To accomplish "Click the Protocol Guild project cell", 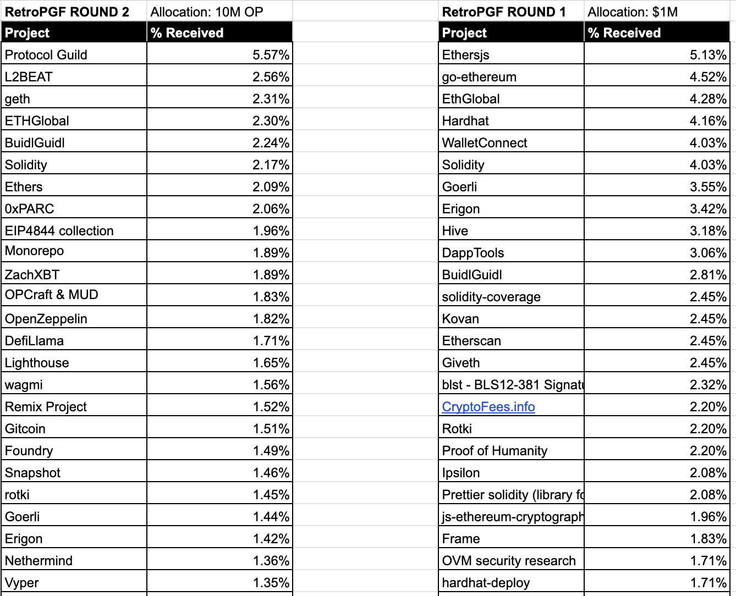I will coord(46,55).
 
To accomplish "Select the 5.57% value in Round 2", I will coord(271,55).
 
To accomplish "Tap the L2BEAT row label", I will coord(29,77).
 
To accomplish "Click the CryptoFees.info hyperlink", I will coord(488,407).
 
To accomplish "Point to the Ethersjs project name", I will coord(465,55).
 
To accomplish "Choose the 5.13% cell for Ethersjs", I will coord(708,55).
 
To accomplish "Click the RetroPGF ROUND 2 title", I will coord(67,12).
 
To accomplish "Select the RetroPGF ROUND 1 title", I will coord(504,12).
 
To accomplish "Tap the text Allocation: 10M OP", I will coord(207,12).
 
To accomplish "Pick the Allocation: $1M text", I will coord(633,12).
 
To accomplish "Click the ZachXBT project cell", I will coord(32,275).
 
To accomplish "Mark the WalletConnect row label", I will coord(485,143).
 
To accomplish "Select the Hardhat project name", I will coord(465,121).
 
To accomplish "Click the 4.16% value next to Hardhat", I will coord(708,121).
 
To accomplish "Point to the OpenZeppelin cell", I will coord(46,319).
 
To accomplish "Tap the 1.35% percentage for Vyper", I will coord(271,583).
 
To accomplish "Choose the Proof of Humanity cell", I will coord(495,451).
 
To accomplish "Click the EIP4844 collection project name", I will coord(59,231).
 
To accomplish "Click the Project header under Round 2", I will coord(28,33).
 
